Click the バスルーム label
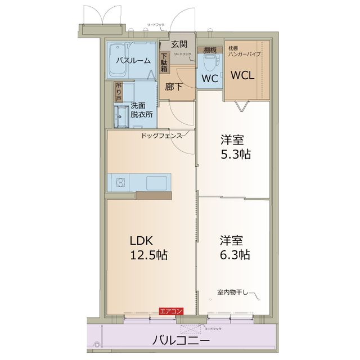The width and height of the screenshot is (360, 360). click(133, 60)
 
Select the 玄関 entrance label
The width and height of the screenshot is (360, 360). click(179, 44)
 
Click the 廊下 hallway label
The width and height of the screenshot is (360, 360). click(174, 87)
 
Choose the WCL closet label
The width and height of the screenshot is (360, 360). click(242, 75)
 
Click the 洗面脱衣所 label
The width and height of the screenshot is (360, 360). click(141, 109)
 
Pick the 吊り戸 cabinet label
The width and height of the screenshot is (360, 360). click(118, 92)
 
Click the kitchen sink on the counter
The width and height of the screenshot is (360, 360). click(156, 182)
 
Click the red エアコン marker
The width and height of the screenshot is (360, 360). click(170, 311)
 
